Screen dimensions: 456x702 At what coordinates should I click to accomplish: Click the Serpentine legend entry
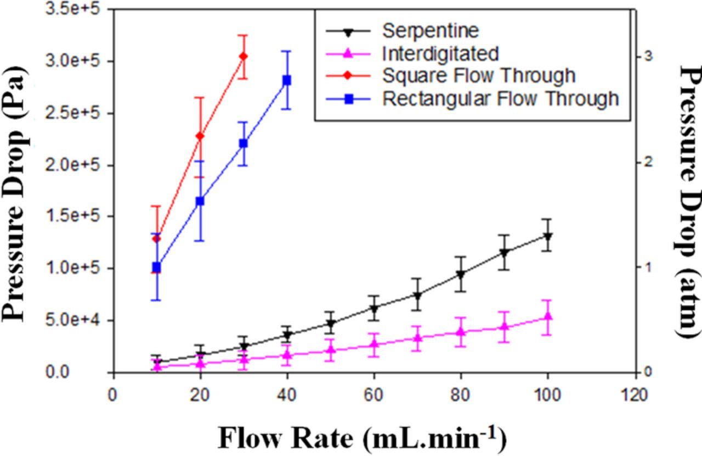pyautogui.click(x=430, y=30)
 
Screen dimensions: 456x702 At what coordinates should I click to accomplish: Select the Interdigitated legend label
pyautogui.click(x=440, y=53)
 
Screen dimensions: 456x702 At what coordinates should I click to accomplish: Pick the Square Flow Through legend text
pyautogui.click(x=479, y=76)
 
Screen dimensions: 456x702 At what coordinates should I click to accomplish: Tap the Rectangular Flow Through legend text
pyautogui.click(x=500, y=99)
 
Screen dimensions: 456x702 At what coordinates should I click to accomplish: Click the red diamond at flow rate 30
pyautogui.click(x=244, y=56)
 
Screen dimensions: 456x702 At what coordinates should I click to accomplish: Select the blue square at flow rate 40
pyautogui.click(x=286, y=80)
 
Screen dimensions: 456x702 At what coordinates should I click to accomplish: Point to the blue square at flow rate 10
pyautogui.click(x=157, y=268)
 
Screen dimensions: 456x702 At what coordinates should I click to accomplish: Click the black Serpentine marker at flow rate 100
pyautogui.click(x=547, y=236)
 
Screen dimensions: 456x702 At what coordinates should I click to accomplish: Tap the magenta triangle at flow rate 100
pyautogui.click(x=547, y=316)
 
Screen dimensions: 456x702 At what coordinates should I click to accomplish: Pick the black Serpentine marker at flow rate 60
pyautogui.click(x=374, y=309)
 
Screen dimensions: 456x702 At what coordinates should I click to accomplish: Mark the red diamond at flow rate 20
pyautogui.click(x=200, y=136)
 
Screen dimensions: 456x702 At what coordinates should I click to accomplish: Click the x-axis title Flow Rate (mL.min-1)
pyautogui.click(x=362, y=437)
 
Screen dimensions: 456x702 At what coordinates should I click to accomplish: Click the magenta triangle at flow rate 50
pyautogui.click(x=331, y=350)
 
